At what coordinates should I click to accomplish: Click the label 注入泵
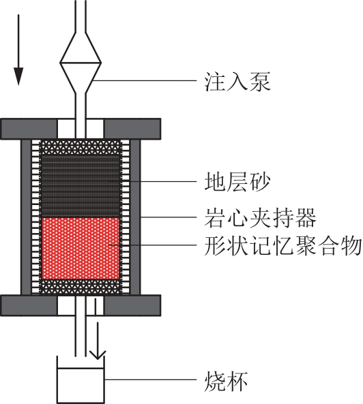pyautogui.click(x=237, y=82)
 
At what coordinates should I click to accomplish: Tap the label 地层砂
pyautogui.click(x=237, y=182)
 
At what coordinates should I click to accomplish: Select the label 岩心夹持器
pyautogui.click(x=260, y=218)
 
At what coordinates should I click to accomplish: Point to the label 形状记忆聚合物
pyautogui.click(x=282, y=246)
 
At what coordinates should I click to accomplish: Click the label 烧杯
pyautogui.click(x=226, y=381)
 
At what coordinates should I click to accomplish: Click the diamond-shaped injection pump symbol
pyautogui.click(x=81, y=63)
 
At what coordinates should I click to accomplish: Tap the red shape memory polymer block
pyautogui.click(x=81, y=249)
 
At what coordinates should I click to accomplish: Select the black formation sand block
pyautogui.click(x=81, y=185)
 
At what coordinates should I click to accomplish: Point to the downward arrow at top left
pyautogui.click(x=18, y=50)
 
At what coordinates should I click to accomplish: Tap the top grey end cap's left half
pyautogui.click(x=29, y=129)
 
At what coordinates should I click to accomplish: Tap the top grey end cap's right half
pyautogui.click(x=132, y=129)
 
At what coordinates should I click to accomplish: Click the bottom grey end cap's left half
pyautogui.click(x=29, y=305)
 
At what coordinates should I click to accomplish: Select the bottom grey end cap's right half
pyautogui.click(x=132, y=305)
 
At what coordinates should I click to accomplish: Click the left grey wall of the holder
pyautogui.click(x=26, y=217)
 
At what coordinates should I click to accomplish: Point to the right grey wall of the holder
pyautogui.click(x=135, y=217)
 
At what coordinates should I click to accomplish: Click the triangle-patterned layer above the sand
pyautogui.click(x=81, y=147)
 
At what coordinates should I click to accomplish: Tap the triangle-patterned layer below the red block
pyautogui.click(x=81, y=287)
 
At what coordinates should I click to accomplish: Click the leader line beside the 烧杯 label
pyautogui.click(x=151, y=379)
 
